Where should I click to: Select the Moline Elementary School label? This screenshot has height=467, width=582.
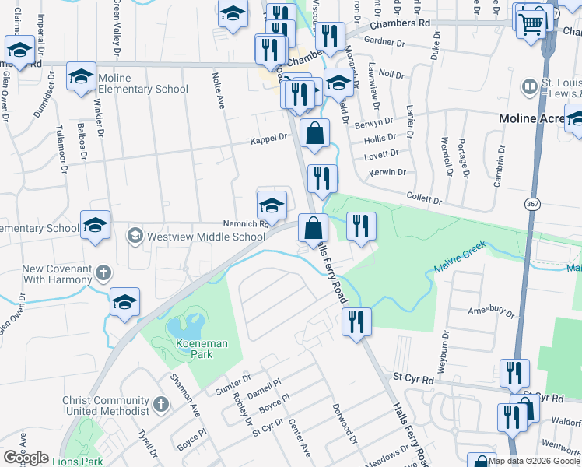pos(145,90)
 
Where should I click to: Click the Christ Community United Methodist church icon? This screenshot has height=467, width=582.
pos(160,404)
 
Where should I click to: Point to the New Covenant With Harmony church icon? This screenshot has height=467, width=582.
pos(104,273)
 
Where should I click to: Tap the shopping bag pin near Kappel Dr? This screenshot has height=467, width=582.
pos(314,133)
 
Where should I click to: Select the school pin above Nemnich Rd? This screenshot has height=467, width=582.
pos(271,205)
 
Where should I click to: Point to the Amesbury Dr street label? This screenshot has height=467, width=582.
pos(488,310)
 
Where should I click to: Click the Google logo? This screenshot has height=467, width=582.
pos(26,458)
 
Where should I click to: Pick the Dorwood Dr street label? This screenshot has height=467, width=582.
pos(345,421)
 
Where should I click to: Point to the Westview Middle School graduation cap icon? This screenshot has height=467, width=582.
pos(135,236)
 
